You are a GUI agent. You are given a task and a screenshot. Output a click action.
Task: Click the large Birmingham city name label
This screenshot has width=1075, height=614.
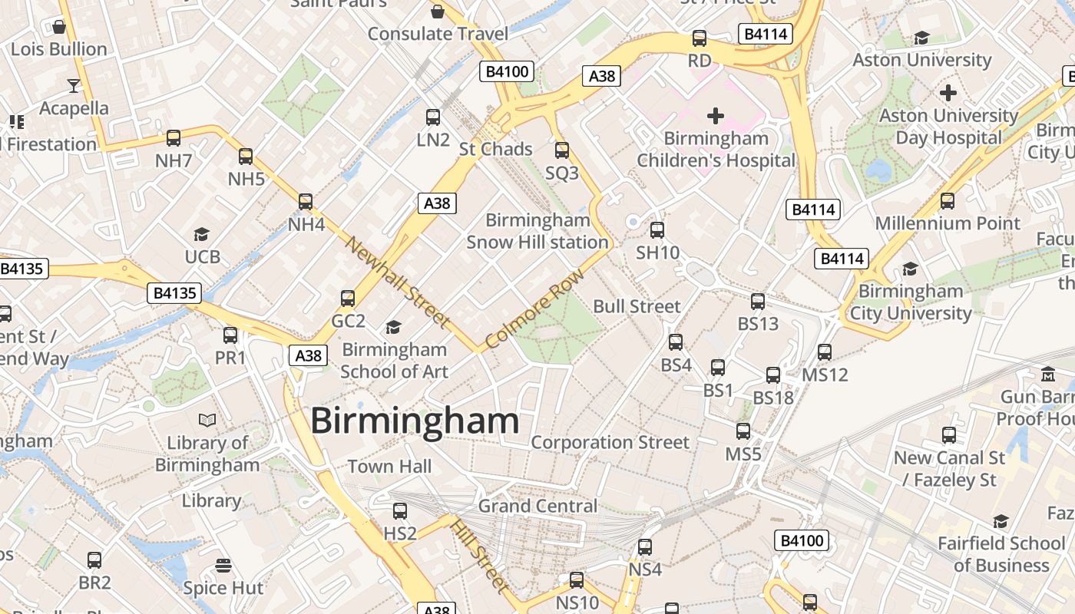pos(415,421)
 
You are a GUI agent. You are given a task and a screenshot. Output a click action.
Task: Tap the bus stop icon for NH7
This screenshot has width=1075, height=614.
pos(174,138)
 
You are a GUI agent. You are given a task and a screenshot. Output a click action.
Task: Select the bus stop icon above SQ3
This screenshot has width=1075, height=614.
pos(562,150)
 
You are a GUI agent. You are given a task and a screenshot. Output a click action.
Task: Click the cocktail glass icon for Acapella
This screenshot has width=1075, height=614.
pos(74,84)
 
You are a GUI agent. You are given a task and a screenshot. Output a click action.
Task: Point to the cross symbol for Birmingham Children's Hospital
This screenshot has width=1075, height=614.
pos(716,116)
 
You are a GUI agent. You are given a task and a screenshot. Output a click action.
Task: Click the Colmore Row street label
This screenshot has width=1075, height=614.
pos(535,308)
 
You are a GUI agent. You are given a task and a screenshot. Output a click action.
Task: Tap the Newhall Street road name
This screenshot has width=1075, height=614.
pos(397,281)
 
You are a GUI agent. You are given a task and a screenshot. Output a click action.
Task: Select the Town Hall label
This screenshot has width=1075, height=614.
pos(389,466)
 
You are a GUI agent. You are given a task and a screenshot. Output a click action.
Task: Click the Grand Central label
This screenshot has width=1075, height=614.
pos(537,506)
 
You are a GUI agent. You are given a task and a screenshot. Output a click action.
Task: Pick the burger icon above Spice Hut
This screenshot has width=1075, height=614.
pos(223,566)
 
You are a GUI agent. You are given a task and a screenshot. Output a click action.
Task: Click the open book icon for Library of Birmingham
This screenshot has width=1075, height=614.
pos(207,420)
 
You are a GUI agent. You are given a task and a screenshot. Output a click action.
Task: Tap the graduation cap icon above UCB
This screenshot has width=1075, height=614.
pos(202,234)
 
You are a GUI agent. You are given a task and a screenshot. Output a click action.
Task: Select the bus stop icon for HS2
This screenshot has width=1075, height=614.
pos(400,510)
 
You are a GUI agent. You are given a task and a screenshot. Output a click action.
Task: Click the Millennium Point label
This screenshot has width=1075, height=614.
pos(948,223)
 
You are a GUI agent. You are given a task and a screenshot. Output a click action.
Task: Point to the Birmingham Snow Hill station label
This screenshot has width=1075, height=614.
pos(537,231)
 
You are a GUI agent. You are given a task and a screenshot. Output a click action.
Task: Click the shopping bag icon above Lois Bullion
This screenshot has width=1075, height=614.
pos(59,27)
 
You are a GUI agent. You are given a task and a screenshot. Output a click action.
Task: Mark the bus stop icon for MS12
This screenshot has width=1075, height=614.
pos(825,352)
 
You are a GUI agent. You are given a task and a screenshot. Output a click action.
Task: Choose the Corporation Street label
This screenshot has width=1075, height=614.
pos(610,442)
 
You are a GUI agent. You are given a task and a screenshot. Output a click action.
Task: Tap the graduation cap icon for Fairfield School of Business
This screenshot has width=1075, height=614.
pos(1001,522)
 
